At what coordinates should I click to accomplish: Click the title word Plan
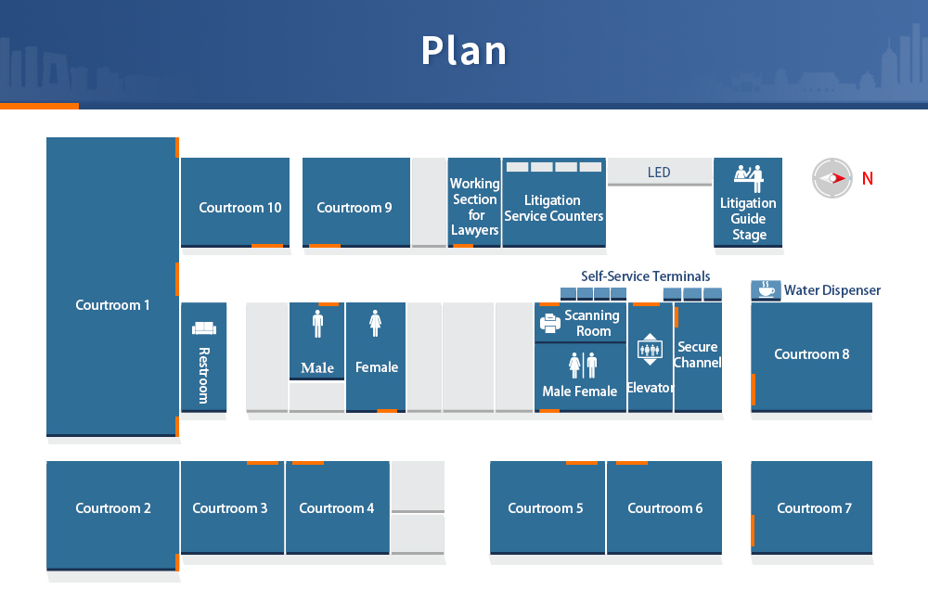pyautogui.click(x=464, y=50)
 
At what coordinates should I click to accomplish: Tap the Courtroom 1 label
pyautogui.click(x=112, y=305)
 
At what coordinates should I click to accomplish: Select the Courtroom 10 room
pyautogui.click(x=235, y=202)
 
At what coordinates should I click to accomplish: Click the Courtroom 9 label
pyautogui.click(x=354, y=208)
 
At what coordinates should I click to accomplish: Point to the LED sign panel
pyautogui.click(x=659, y=172)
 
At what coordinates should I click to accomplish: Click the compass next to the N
pyautogui.click(x=832, y=178)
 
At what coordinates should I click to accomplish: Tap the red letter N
pyautogui.click(x=868, y=178)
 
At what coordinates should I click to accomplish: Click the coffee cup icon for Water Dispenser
pyautogui.click(x=766, y=290)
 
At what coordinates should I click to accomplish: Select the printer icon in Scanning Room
pyautogui.click(x=549, y=323)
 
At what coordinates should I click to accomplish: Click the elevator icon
pyautogui.click(x=650, y=349)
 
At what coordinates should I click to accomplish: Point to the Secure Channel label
pyautogui.click(x=698, y=354)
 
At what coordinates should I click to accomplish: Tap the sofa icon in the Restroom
pyautogui.click(x=203, y=327)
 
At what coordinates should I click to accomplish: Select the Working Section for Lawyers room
pyautogui.click(x=474, y=202)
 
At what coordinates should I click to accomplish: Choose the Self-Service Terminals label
pyautogui.click(x=645, y=276)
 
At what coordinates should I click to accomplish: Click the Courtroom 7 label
pyautogui.click(x=814, y=508)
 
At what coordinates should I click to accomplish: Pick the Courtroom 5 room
pyautogui.click(x=548, y=507)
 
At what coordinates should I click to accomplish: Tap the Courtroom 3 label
pyautogui.click(x=229, y=508)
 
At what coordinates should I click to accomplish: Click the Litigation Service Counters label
pyautogui.click(x=554, y=209)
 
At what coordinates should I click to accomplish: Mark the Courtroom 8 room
pyautogui.click(x=811, y=357)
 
